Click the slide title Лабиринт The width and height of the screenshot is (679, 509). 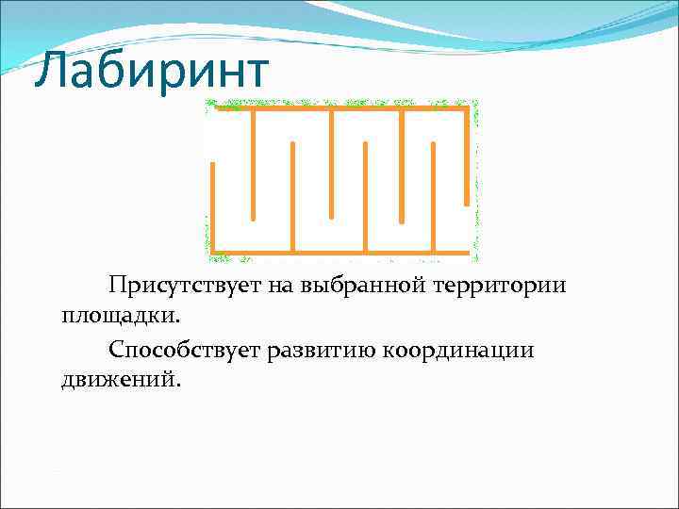tap(151, 74)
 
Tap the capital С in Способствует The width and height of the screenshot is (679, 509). tap(117, 350)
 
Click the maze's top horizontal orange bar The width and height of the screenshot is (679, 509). tap(339, 109)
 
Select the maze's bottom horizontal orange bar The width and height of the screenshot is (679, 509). tap(339, 253)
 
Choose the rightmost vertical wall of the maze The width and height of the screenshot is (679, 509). tap(466, 156)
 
